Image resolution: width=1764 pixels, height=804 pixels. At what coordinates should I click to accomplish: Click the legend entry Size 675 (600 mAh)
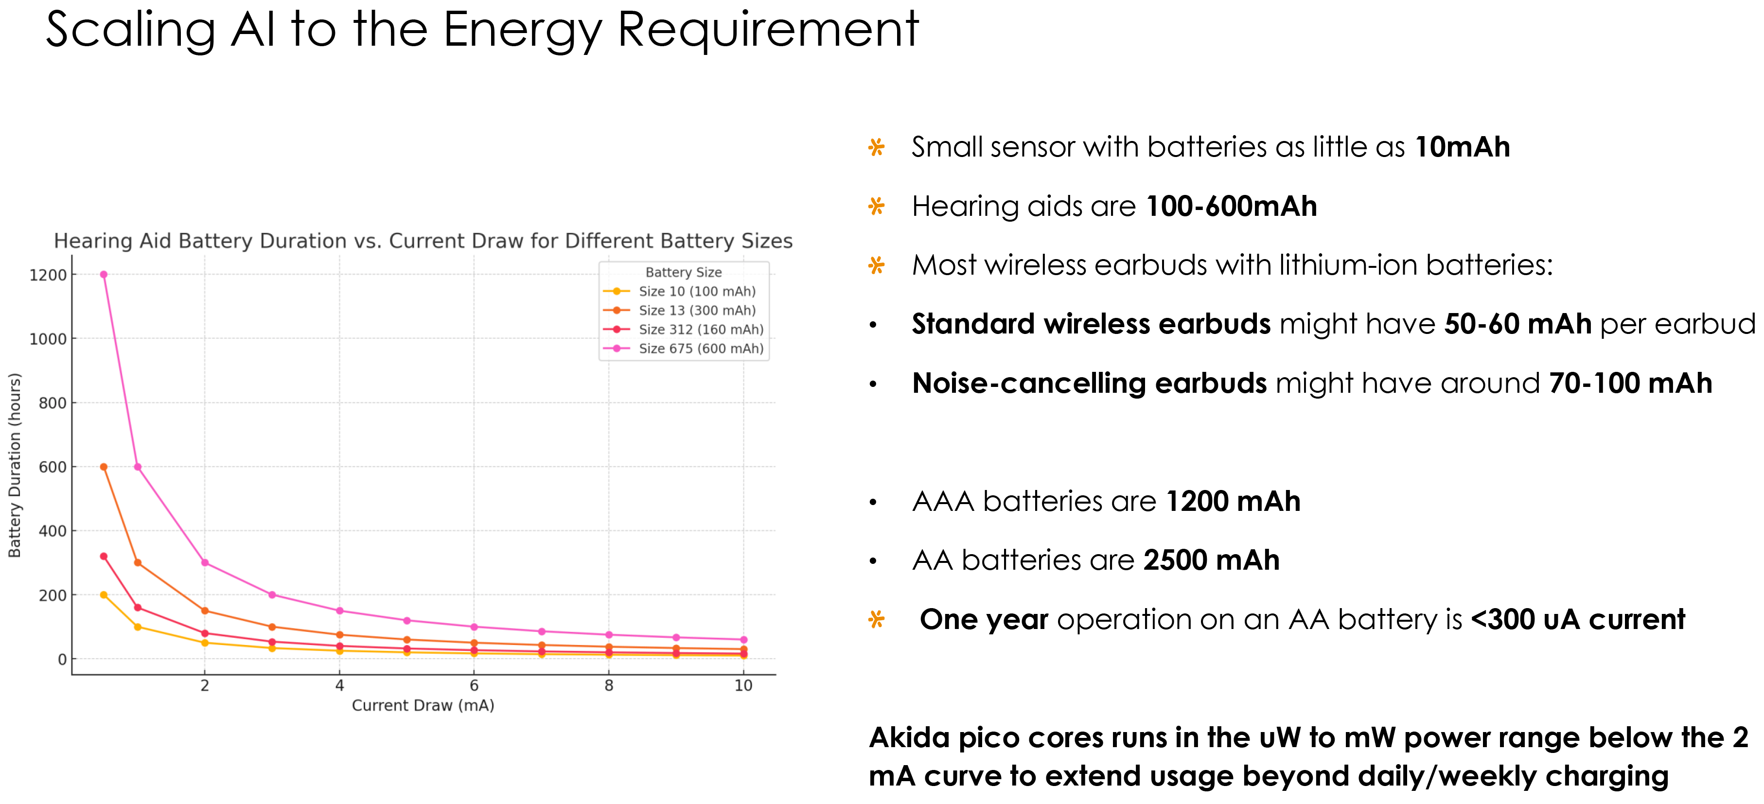[x=684, y=349]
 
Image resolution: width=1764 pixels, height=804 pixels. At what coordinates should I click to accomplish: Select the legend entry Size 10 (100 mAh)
[x=679, y=291]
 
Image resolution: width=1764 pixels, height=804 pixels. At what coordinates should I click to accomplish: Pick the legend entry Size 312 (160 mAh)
[x=684, y=330]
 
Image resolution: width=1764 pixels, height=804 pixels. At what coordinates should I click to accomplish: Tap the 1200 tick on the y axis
[x=48, y=275]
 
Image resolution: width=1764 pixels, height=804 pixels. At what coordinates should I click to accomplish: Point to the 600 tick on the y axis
[x=52, y=467]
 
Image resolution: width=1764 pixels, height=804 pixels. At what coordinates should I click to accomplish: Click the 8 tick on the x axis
[x=609, y=685]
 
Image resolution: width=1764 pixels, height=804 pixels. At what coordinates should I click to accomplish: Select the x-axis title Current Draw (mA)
[x=423, y=705]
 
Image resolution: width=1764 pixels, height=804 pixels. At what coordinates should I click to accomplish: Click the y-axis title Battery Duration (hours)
[x=15, y=465]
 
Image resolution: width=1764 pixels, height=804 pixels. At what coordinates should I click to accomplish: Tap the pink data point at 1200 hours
[x=104, y=275]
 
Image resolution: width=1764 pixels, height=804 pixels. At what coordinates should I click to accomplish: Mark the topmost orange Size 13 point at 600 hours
[x=104, y=467]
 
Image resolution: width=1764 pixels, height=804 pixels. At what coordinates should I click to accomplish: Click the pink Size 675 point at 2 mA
[x=205, y=563]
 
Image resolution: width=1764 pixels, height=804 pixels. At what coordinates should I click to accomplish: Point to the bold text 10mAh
[x=1462, y=147]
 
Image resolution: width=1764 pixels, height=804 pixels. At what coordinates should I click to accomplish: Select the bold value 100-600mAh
[x=1231, y=206]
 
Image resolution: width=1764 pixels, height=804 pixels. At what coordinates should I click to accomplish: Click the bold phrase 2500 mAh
[x=1211, y=560]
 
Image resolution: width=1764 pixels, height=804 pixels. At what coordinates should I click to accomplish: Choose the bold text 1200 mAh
[x=1233, y=501]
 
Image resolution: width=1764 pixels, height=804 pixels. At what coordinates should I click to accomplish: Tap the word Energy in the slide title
[x=523, y=31]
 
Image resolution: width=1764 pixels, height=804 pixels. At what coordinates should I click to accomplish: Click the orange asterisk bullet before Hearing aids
[x=877, y=206]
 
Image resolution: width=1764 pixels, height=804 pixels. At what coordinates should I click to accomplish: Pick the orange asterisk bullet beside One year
[x=877, y=620]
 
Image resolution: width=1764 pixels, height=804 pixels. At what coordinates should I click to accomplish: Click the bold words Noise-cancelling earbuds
[x=1090, y=384]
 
